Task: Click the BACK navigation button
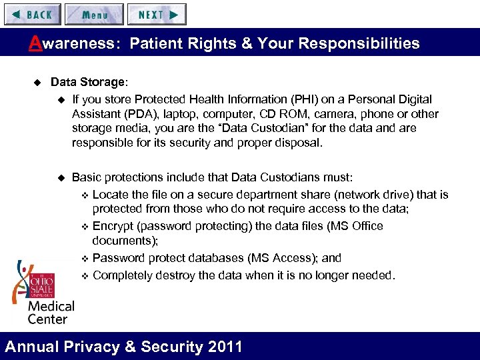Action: point(32,14)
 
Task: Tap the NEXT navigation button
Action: point(157,14)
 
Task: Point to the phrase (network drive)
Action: point(375,195)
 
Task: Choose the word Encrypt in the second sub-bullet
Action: point(113,226)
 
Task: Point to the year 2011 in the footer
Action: point(225,347)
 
